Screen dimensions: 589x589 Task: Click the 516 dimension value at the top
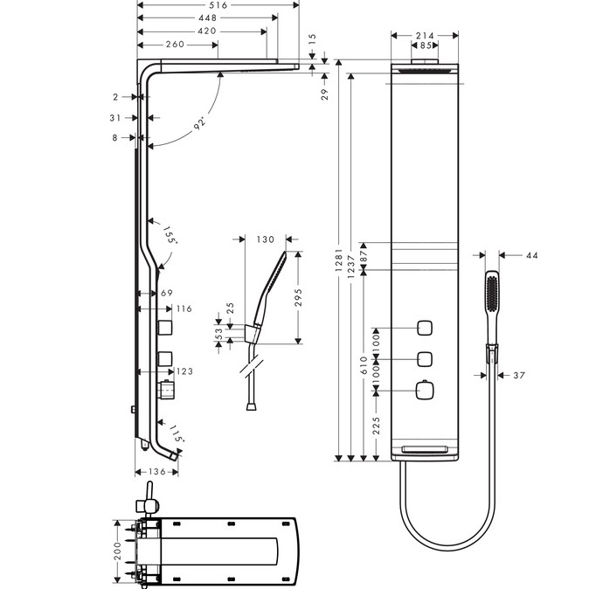point(218,5)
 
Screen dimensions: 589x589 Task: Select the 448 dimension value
point(208,17)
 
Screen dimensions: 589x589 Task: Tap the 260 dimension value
point(175,45)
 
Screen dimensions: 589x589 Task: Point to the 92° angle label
point(200,123)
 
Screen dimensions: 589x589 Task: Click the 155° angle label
point(170,234)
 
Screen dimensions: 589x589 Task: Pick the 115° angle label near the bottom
point(177,433)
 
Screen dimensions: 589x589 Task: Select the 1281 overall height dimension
point(339,260)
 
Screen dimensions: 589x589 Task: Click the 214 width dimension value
point(425,36)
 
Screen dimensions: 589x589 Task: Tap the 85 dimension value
point(426,45)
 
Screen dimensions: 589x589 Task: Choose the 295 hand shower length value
point(298,297)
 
